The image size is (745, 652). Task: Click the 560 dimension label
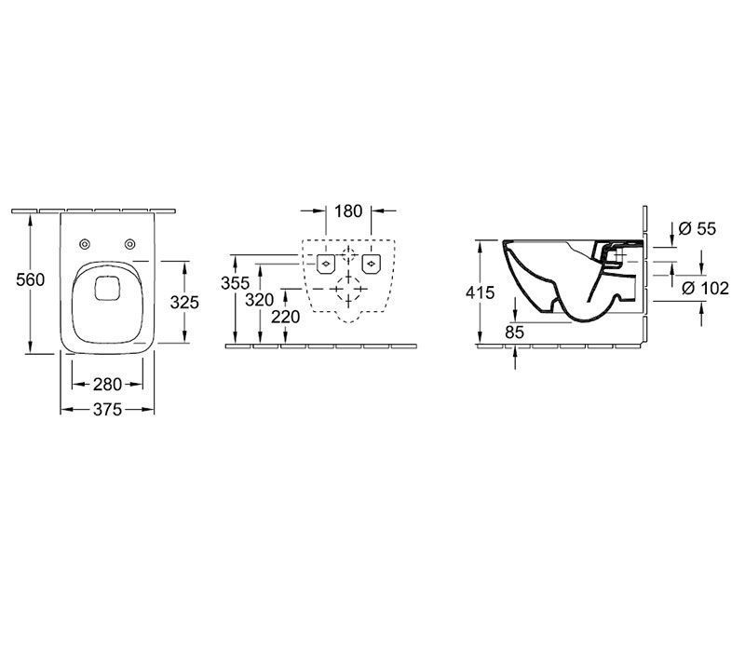tap(31, 279)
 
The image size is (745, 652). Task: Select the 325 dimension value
tap(184, 302)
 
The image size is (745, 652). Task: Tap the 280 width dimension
tap(107, 384)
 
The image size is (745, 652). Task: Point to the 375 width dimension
tap(107, 409)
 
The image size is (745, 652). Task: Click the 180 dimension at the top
tap(348, 211)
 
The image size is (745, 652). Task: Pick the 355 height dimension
tap(236, 283)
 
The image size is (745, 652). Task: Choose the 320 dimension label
tap(260, 300)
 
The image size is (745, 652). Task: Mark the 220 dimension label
tap(286, 317)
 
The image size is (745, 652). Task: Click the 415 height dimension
tap(481, 292)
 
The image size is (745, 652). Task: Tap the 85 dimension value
tap(515, 333)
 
